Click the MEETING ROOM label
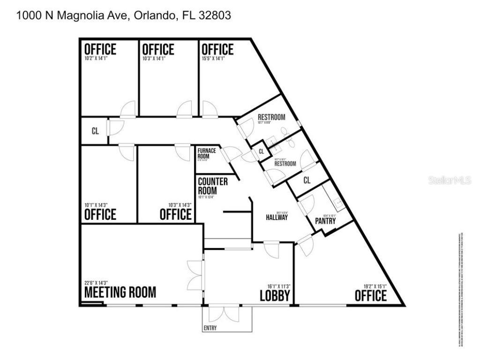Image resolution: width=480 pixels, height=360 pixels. click(120, 292)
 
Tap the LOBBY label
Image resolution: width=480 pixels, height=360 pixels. click(275, 296)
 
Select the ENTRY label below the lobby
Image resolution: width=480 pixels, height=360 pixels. click(210, 328)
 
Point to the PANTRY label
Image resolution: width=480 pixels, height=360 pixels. click(325, 220)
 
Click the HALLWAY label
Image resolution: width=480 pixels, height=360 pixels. click(277, 217)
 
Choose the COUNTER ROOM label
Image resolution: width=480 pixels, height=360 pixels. click(213, 186)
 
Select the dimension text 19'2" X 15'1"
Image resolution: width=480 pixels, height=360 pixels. click(374, 286)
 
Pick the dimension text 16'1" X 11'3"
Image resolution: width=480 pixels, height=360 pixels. click(277, 286)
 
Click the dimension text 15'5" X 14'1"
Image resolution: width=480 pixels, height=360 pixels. click(213, 59)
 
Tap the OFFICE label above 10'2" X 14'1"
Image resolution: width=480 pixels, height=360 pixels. click(100, 49)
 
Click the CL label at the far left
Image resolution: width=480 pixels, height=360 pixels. click(95, 131)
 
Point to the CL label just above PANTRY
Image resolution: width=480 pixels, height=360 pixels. click(307, 180)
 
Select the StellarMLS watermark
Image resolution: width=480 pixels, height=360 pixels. click(449, 180)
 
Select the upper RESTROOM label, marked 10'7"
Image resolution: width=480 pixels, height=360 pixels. click(271, 117)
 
